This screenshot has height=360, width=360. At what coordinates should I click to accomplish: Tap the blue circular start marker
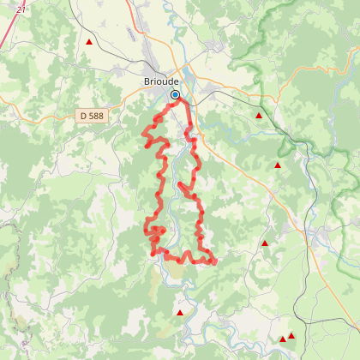175,94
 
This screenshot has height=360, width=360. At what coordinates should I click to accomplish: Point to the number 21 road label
21,8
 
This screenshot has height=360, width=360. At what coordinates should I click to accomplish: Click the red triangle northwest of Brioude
89,41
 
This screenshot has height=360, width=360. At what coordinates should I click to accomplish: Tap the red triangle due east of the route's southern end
265,243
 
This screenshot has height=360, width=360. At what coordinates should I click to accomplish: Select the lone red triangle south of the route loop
179,312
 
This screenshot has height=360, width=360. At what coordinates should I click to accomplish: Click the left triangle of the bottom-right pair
283,339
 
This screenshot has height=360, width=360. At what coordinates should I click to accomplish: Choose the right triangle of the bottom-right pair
291,336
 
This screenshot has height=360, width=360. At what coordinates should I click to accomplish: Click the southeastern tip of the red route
214,261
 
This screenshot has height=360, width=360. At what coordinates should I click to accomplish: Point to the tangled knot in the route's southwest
155,231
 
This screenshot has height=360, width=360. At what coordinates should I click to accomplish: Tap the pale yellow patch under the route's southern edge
176,270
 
